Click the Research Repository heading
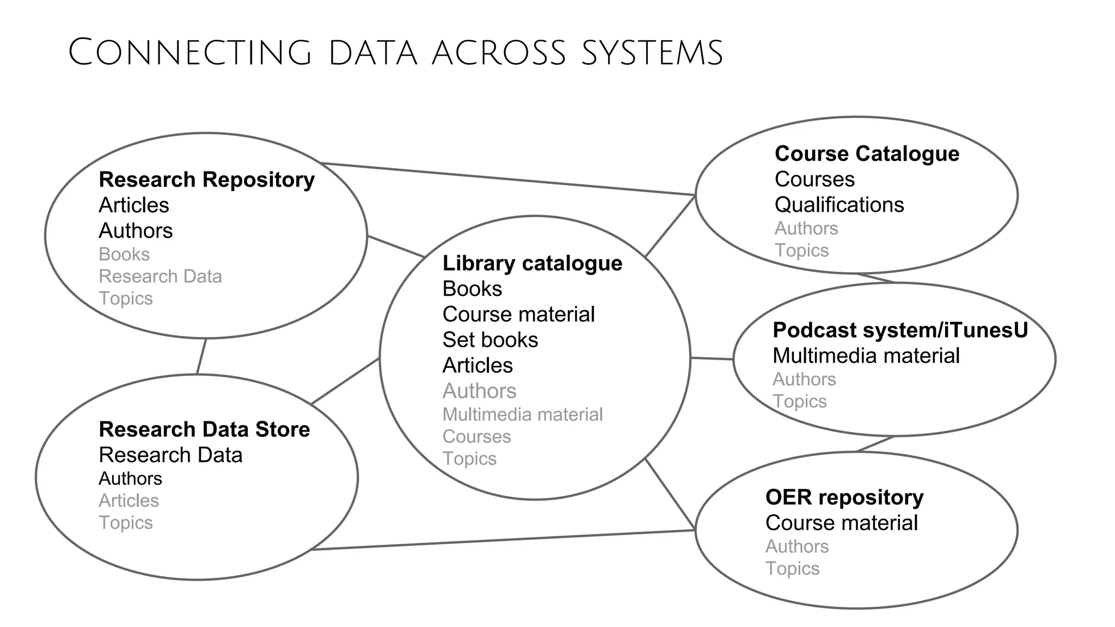pos(206,180)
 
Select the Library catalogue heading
pos(532,263)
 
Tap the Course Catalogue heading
pos(867,153)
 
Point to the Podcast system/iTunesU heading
pos(900,330)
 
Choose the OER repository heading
pos(844,497)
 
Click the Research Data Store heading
pos(204,429)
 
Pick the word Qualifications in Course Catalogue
pos(839,205)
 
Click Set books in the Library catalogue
pos(490,340)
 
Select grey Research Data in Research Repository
pos(160,276)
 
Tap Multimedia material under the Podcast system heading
pos(866,356)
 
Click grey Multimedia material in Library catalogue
pos(522,415)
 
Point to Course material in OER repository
pos(841,523)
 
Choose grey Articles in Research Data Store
pos(128,501)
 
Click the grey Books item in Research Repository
pos(124,254)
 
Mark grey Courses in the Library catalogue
pos(476,437)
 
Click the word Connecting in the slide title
pos(189,53)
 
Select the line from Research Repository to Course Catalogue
pos(506,179)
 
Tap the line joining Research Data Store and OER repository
pos(501,540)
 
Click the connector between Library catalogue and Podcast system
pos(712,359)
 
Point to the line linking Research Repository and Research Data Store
pos(201,356)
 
